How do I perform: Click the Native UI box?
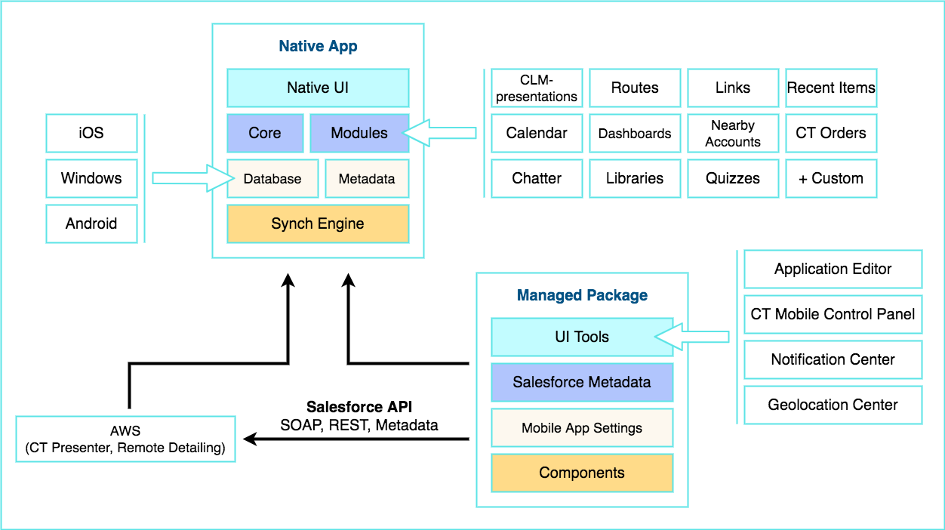pyautogui.click(x=318, y=88)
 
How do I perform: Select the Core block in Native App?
pyautogui.click(x=265, y=133)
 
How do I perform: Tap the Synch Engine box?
pyautogui.click(x=318, y=223)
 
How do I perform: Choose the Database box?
pyautogui.click(x=272, y=179)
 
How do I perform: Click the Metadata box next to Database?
pyautogui.click(x=367, y=179)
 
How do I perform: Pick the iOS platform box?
pyautogui.click(x=91, y=133)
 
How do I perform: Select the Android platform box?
pyautogui.click(x=91, y=223)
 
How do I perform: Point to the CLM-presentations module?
pyautogui.click(x=537, y=88)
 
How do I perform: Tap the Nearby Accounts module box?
pyautogui.click(x=733, y=133)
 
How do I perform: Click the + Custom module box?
pyautogui.click(x=831, y=178)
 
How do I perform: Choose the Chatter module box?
pyautogui.click(x=537, y=178)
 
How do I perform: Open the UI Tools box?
pyautogui.click(x=582, y=337)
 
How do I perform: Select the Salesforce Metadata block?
pyautogui.click(x=582, y=382)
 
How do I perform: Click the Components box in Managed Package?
pyautogui.click(x=582, y=473)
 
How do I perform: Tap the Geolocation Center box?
pyautogui.click(x=833, y=405)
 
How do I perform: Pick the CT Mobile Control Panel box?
pyautogui.click(x=833, y=314)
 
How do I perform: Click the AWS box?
pyautogui.click(x=125, y=439)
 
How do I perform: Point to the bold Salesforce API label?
pyautogui.click(x=359, y=407)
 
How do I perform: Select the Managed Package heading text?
pyautogui.click(x=582, y=295)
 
